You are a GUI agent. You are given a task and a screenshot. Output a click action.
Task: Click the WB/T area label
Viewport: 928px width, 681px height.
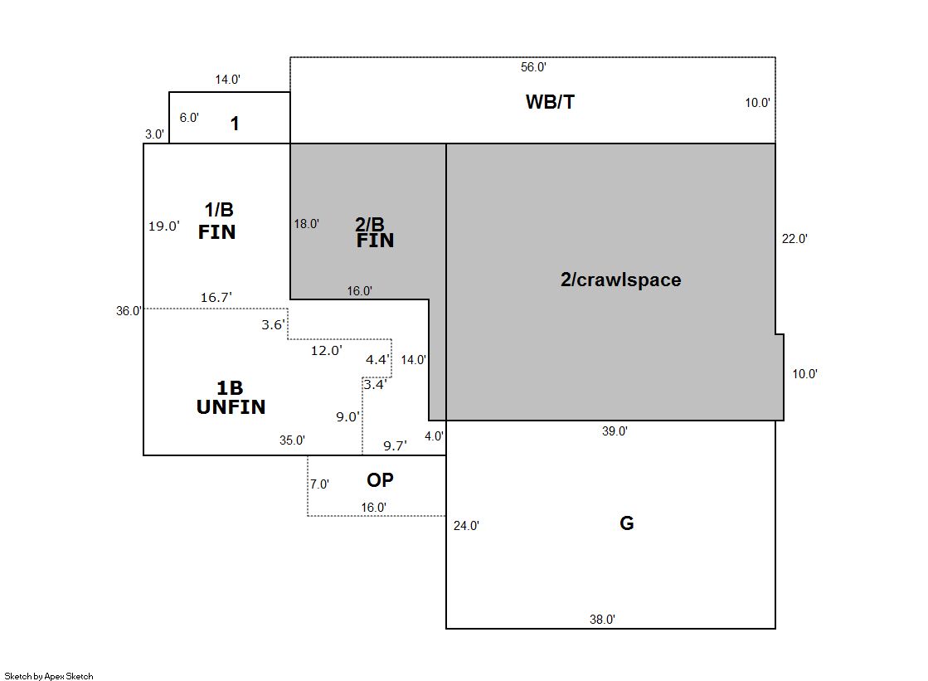(x=550, y=102)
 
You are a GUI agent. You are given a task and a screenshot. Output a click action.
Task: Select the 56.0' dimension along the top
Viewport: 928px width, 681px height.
(x=532, y=67)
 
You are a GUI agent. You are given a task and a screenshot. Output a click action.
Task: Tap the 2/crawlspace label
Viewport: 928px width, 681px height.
(x=620, y=280)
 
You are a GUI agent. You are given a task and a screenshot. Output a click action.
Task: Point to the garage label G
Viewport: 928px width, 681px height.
(x=627, y=523)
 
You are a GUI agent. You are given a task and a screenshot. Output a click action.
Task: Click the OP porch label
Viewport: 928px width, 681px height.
(x=380, y=479)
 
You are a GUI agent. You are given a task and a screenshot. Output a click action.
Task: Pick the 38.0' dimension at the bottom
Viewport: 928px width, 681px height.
(x=601, y=619)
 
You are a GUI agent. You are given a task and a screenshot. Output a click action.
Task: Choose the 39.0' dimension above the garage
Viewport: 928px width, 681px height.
(x=614, y=431)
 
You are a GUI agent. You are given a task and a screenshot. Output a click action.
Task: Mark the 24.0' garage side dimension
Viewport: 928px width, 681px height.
(x=465, y=525)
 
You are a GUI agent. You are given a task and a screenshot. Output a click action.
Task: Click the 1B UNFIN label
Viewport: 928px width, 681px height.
(x=231, y=397)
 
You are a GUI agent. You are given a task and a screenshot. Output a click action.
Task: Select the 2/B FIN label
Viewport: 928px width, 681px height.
(x=374, y=232)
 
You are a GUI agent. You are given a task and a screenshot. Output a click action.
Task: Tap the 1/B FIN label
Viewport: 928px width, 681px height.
(x=217, y=221)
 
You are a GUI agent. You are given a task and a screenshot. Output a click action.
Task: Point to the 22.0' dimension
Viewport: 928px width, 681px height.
(x=794, y=239)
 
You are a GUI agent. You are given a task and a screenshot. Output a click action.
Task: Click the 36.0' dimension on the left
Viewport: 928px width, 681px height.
(x=129, y=311)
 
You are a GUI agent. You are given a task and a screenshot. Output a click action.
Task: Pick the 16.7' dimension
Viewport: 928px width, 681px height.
(x=216, y=297)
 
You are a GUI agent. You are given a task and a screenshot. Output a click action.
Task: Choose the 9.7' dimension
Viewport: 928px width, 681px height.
(x=395, y=446)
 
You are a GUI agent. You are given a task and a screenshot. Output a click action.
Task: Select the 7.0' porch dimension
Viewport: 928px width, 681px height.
(x=319, y=484)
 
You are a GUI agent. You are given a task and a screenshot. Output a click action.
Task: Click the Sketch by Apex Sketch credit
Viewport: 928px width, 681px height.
(x=48, y=676)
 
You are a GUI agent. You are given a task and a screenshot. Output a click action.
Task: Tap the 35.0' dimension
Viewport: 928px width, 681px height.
(x=292, y=440)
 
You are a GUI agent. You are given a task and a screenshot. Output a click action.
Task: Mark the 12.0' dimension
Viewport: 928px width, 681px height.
(x=326, y=351)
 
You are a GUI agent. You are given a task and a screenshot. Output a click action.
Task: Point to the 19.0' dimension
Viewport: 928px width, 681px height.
(x=164, y=226)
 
